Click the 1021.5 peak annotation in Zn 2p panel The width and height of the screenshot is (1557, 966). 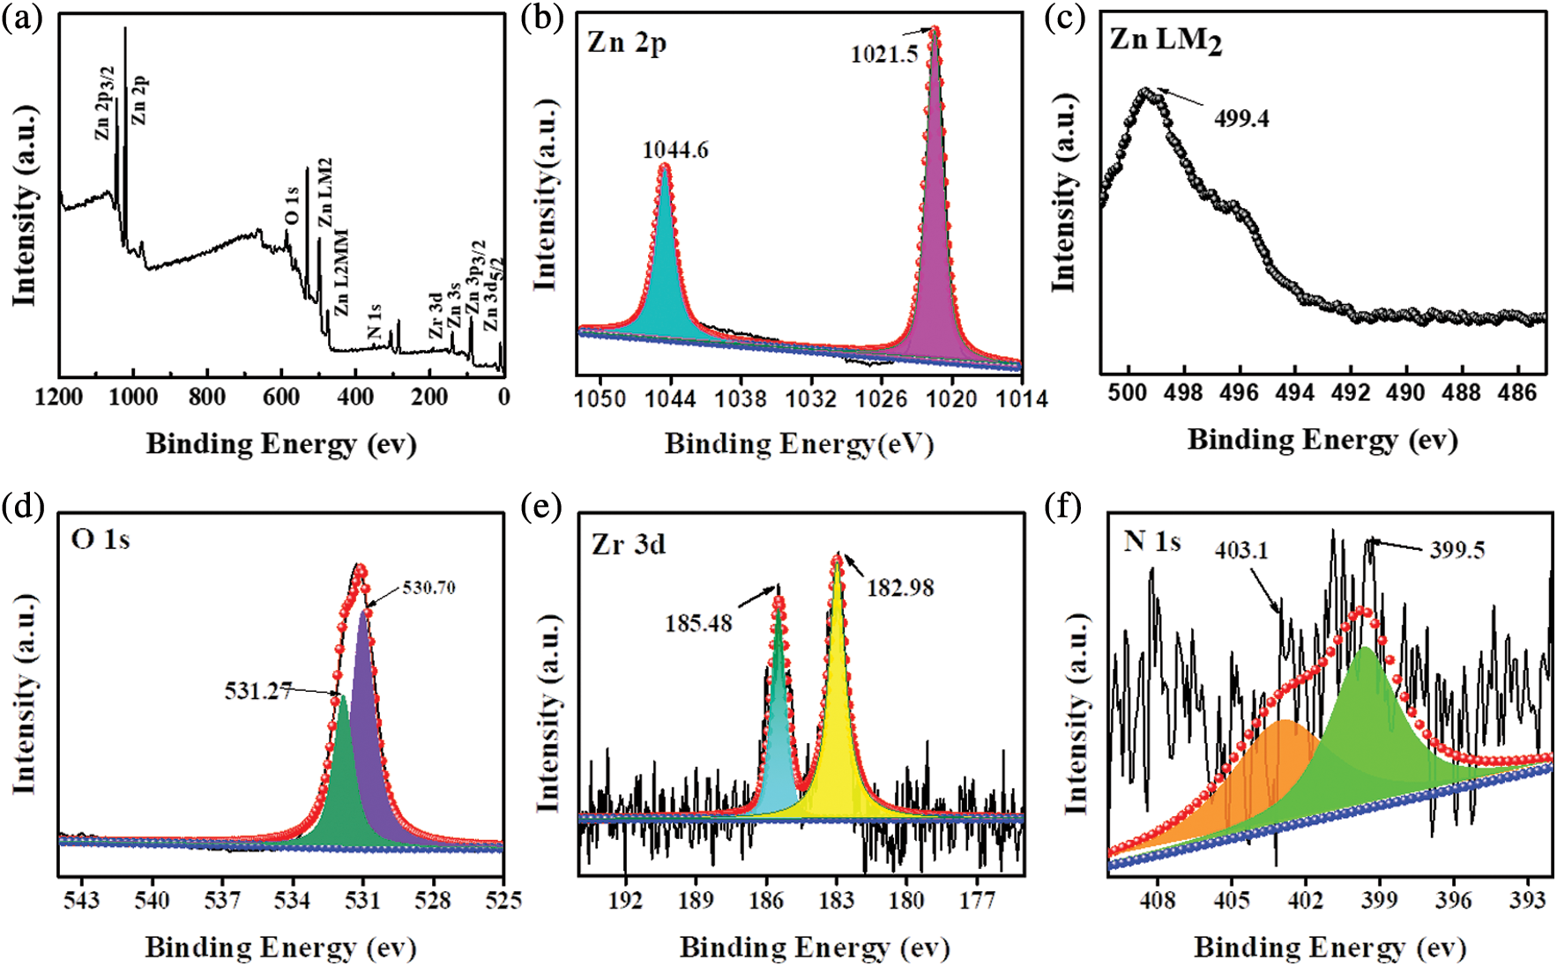(x=883, y=55)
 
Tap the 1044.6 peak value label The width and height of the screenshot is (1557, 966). (x=674, y=151)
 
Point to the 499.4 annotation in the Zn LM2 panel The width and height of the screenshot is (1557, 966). (x=1241, y=118)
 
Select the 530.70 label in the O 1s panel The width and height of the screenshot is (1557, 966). (x=428, y=588)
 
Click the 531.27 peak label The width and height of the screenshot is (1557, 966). (x=257, y=691)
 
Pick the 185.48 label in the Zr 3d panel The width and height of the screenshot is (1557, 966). (x=698, y=624)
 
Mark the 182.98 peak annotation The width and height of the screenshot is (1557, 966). (x=899, y=588)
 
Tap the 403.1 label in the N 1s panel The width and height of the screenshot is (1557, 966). (x=1240, y=551)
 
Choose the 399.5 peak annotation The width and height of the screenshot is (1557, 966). (x=1456, y=551)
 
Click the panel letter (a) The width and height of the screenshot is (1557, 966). (x=22, y=18)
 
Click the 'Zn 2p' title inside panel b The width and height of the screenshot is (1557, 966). (x=626, y=42)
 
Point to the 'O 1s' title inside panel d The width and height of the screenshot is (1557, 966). (x=101, y=539)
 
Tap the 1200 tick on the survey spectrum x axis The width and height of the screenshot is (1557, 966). (x=59, y=398)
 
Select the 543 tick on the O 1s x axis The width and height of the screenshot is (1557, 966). (x=81, y=900)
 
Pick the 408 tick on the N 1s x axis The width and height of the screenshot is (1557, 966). (x=1158, y=900)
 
